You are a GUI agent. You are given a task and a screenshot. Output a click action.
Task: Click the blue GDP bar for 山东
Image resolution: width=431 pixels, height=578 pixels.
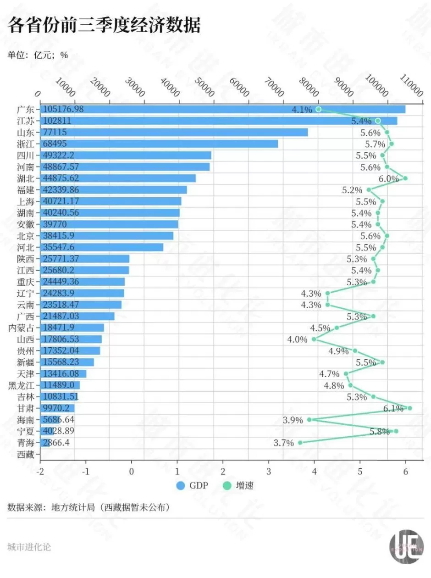point(174,132)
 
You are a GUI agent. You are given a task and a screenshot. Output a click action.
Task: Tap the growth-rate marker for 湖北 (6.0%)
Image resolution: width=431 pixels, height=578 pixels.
point(405,178)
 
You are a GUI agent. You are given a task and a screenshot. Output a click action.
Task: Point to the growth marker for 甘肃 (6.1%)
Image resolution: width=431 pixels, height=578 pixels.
point(409,408)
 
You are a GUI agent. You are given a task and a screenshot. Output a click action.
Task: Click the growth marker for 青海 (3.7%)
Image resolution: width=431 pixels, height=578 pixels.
point(300,443)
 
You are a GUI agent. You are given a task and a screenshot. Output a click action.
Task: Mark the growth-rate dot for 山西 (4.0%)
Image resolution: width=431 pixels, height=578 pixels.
point(314,339)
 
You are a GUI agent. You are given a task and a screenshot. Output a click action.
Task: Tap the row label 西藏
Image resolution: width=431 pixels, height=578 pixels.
point(26,454)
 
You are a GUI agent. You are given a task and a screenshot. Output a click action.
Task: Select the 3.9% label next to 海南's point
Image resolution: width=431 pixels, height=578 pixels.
point(293,420)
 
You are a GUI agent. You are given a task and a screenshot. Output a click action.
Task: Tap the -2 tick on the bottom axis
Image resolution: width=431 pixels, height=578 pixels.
point(41,472)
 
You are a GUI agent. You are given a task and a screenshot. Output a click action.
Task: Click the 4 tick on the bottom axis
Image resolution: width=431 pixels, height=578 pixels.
point(315,472)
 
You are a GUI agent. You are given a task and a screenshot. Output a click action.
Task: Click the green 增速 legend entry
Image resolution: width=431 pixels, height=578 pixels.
point(237,485)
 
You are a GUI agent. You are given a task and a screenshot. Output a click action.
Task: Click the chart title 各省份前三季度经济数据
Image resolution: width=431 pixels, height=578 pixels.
point(105,26)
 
